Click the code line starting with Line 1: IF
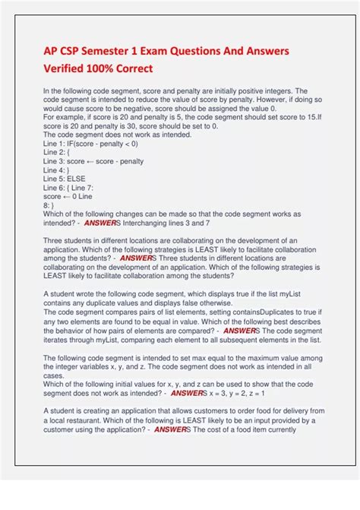point(90,144)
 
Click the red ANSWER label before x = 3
point(188,394)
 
